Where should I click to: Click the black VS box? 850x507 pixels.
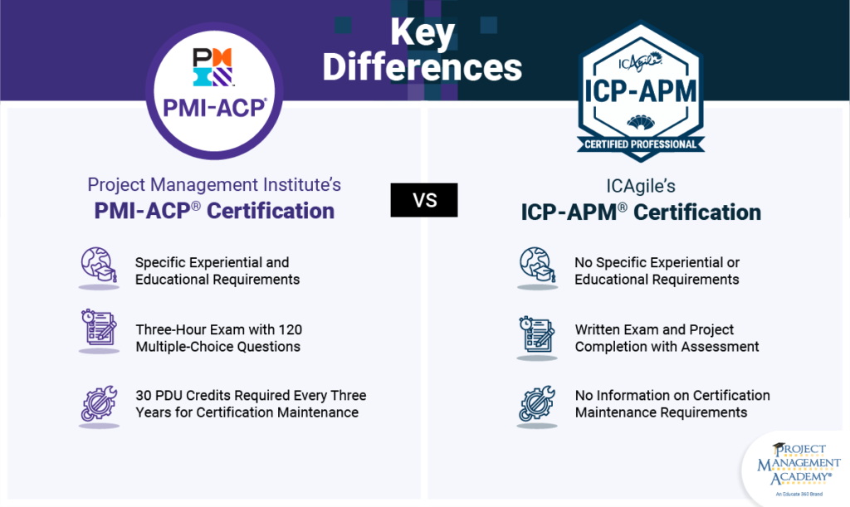pyautogui.click(x=423, y=201)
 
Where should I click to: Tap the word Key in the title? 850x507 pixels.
pyautogui.click(x=423, y=34)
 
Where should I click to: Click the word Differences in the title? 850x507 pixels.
pyautogui.click(x=423, y=67)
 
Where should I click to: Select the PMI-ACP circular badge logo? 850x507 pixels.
pyautogui.click(x=214, y=90)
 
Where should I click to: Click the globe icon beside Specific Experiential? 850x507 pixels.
pyautogui.click(x=99, y=268)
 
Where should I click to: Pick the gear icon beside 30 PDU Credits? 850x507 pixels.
pyautogui.click(x=99, y=403)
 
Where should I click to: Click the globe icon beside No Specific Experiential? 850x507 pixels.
pyautogui.click(x=537, y=268)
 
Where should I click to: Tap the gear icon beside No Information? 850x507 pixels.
pyautogui.click(x=537, y=404)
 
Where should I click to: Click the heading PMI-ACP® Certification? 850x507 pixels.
pyautogui.click(x=214, y=211)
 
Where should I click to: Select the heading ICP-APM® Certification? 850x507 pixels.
pyautogui.click(x=641, y=212)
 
